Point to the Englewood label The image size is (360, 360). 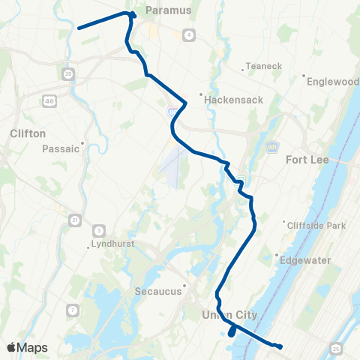click(x=331, y=76)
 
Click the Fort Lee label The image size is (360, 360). click(x=308, y=159)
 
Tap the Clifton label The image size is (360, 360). click(x=28, y=133)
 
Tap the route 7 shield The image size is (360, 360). click(x=73, y=310)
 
